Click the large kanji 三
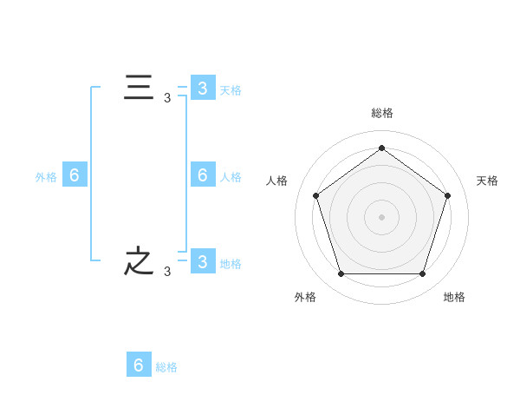[x=139, y=87]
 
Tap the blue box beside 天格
[x=203, y=87]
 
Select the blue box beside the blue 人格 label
[x=203, y=174]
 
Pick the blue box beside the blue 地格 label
[x=203, y=260]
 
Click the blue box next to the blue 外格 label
[x=75, y=174]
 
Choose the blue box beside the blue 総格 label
[x=139, y=364]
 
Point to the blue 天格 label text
[x=231, y=90]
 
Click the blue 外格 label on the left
[x=46, y=177]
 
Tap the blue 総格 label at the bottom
[x=166, y=367]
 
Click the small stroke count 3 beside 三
[x=167, y=98]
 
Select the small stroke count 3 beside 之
[x=167, y=272]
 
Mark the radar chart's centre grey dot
[x=381, y=217]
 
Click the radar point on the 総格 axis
[x=381, y=148]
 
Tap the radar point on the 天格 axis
[x=448, y=195]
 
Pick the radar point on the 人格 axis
[x=315, y=195]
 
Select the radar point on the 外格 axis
[x=341, y=273]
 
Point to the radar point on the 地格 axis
[x=423, y=273]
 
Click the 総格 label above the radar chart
[x=382, y=113]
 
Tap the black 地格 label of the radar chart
[x=454, y=297]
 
